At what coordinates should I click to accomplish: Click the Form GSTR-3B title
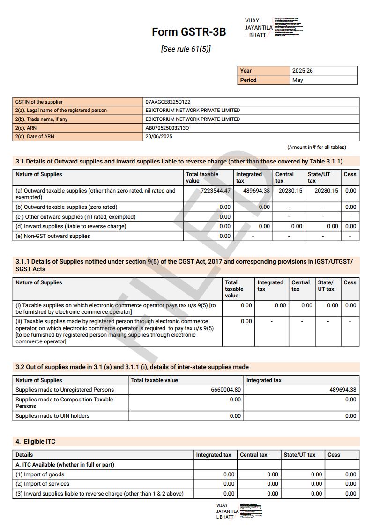point(189,32)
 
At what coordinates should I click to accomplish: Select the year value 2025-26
point(303,71)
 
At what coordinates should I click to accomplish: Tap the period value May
point(298,80)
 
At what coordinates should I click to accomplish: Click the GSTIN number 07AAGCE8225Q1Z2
point(168,102)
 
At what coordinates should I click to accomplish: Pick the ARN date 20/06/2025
point(159,137)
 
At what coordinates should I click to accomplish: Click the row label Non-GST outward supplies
point(52,236)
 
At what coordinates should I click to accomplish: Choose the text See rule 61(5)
point(186,49)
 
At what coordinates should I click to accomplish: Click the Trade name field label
point(41,119)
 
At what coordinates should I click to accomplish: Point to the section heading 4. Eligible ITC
point(36,441)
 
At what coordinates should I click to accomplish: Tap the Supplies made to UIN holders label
point(52,416)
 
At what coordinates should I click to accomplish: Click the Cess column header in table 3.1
point(350,174)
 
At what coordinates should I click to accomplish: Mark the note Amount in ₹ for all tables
point(317,147)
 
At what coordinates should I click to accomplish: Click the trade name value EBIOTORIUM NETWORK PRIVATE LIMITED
point(193,119)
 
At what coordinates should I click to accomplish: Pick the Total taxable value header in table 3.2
point(155,380)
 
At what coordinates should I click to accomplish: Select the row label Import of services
point(42,484)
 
